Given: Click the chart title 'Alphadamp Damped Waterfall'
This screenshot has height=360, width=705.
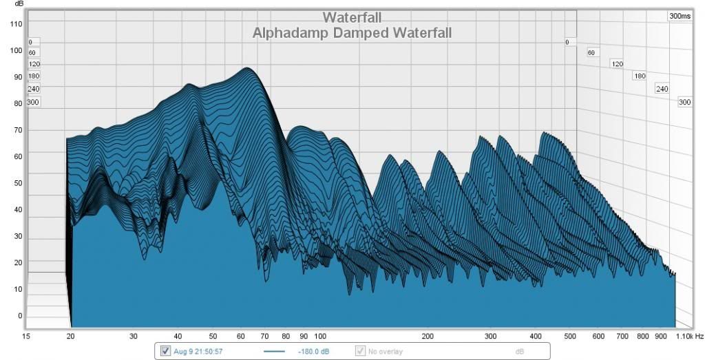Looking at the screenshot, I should tap(352, 32).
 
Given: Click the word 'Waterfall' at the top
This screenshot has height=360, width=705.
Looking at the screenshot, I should tap(352, 17).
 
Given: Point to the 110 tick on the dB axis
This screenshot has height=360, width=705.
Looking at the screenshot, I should tap(16, 24).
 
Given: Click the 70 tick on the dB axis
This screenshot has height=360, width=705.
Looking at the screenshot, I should tap(17, 130).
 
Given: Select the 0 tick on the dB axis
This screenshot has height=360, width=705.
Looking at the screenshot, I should tap(20, 316).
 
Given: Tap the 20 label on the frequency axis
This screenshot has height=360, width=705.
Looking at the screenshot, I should tap(70, 336).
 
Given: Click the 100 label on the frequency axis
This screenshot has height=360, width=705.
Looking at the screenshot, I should tap(319, 336).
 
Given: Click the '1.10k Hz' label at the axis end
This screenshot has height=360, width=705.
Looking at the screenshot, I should tap(689, 336).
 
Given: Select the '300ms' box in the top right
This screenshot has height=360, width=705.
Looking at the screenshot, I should tap(680, 16).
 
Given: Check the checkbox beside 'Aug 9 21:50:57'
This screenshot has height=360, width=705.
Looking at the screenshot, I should tap(165, 351).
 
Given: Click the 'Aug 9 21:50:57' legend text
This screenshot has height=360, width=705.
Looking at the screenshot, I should tap(198, 352).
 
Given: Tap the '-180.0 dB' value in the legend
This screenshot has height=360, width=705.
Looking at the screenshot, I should tap(313, 352).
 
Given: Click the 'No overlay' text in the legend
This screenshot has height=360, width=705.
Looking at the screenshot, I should tap(386, 352).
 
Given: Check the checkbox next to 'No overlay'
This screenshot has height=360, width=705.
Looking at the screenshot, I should tap(360, 351).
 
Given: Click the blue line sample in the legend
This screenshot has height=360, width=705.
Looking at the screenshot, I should tap(274, 352).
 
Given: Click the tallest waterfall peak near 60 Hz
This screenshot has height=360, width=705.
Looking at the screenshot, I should tap(246, 69).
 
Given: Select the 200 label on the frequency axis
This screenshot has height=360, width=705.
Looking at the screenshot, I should tap(428, 336).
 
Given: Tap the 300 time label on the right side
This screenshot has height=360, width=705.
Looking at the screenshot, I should tap(684, 102).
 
